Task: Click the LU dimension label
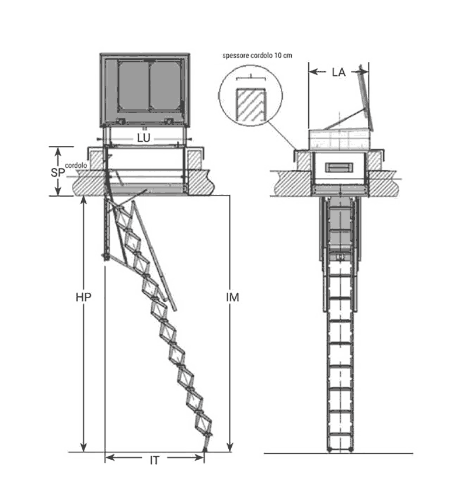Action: [144, 138]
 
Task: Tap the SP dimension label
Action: [58, 173]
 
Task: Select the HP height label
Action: [83, 297]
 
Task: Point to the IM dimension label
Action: [232, 297]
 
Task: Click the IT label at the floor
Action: [154, 461]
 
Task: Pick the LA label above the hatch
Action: [339, 72]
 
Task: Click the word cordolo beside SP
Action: [76, 165]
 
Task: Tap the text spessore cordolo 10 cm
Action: [257, 55]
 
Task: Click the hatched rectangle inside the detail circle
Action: [251, 105]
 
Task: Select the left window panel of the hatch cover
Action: [134, 86]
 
